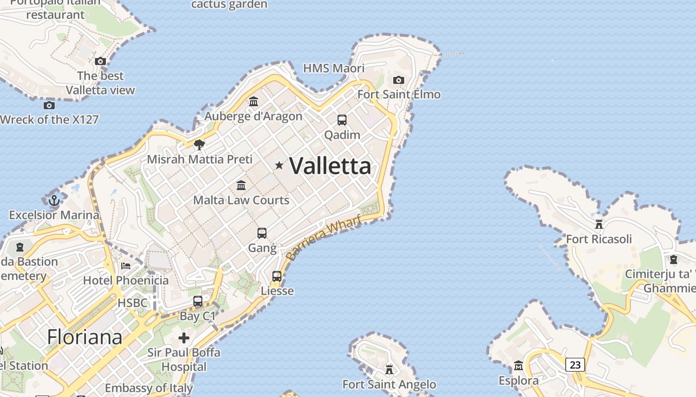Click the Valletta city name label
coord(330,166)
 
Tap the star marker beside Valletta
coord(279,165)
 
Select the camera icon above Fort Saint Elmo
coord(398,80)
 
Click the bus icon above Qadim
coord(342,120)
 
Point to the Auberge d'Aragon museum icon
coord(254,101)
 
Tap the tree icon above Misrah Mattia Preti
coord(199,144)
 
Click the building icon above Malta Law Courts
coord(241,185)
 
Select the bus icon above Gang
coord(262,233)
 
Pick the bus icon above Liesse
coord(277,276)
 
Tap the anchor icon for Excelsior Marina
coord(54,200)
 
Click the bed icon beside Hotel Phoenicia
coord(126,266)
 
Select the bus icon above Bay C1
coord(198,301)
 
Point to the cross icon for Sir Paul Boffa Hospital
coord(184,338)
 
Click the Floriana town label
coord(85,337)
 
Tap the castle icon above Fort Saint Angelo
coord(389,370)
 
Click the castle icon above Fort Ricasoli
coord(599,224)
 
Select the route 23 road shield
coord(575,365)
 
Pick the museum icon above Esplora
coord(519,366)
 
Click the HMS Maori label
coord(334,68)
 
